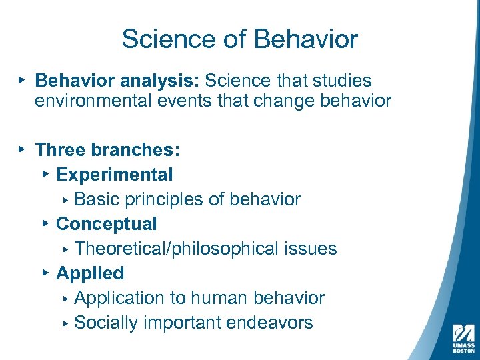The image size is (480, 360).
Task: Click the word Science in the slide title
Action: pos(160,39)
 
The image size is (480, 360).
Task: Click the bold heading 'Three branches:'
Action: pos(108,150)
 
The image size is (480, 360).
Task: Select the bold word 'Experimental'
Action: pos(115,175)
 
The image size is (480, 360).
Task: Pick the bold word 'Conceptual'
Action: pos(107,224)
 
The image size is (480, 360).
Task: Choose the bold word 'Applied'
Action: pos(90,273)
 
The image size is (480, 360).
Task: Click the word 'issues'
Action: pos(311,249)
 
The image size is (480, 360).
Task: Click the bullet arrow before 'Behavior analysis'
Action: pos(23,80)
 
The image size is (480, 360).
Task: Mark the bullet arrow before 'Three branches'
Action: pos(23,149)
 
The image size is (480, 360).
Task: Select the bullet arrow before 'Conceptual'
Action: pos(45,223)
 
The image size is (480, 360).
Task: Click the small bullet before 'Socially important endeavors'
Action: pos(66,323)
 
